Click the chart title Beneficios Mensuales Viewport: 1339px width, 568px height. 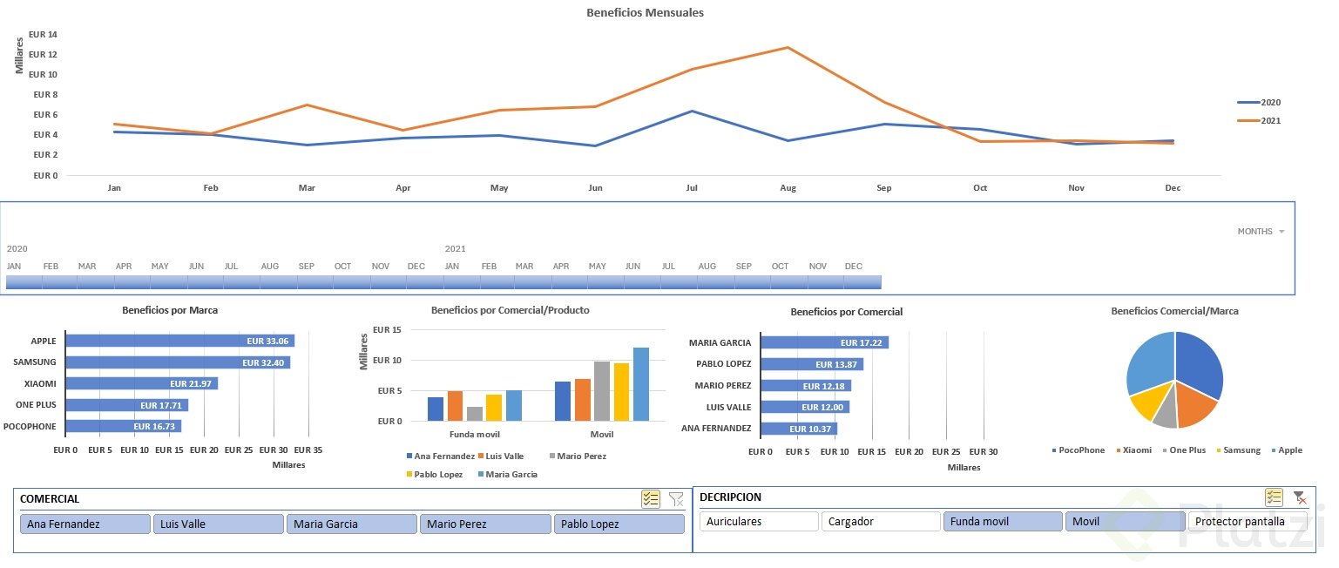tap(645, 13)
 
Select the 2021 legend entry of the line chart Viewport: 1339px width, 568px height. tap(1270, 121)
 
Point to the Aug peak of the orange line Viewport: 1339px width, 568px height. tap(788, 47)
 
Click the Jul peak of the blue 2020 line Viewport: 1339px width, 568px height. tap(692, 111)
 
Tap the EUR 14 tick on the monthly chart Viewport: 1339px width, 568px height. tap(43, 35)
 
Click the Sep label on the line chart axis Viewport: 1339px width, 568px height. tap(884, 188)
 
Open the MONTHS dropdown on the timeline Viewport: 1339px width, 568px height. tap(1261, 232)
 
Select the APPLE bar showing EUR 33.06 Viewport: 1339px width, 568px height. tap(179, 341)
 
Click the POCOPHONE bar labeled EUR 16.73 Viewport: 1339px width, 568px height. tap(122, 427)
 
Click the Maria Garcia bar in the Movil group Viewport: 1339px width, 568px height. tap(641, 384)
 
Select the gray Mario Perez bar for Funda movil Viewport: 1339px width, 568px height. tap(475, 414)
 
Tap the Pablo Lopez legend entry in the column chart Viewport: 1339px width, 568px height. tap(438, 475)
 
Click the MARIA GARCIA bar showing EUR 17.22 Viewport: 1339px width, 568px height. tap(823, 343)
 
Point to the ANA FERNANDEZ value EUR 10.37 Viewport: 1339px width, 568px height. tap(809, 429)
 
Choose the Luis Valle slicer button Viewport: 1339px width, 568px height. tap(219, 524)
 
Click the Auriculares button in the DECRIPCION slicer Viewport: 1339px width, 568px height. tap(758, 522)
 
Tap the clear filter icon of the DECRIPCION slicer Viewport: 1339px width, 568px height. tap(1299, 497)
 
